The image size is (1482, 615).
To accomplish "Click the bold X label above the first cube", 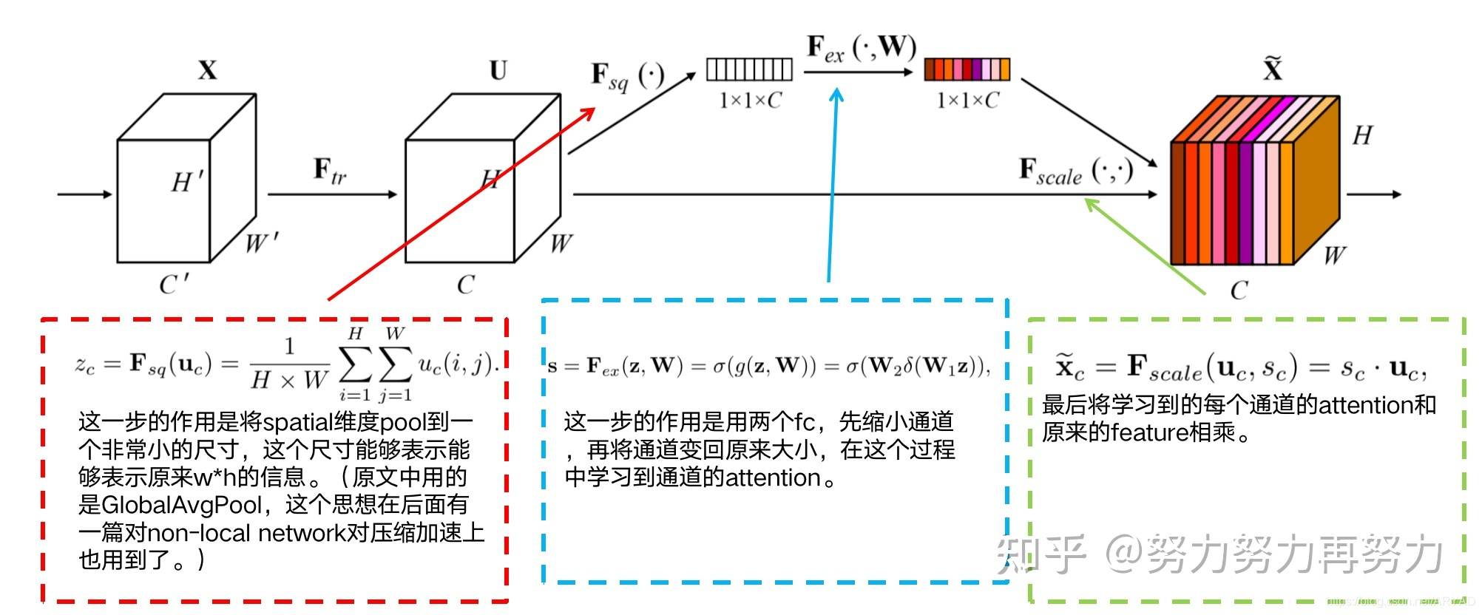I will click(208, 71).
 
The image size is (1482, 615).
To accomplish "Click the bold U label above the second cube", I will click(498, 71).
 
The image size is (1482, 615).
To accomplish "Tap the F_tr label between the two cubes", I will click(330, 171).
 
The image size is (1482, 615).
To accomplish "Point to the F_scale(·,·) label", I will click(1076, 171).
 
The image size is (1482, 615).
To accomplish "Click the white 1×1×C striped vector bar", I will click(749, 69).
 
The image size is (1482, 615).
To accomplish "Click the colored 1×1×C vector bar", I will click(967, 69).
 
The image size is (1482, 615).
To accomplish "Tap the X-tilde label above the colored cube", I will click(1272, 69).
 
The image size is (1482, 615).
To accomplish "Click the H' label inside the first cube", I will click(186, 182).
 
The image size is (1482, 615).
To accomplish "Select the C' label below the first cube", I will click(175, 285).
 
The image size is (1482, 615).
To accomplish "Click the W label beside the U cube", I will click(561, 243).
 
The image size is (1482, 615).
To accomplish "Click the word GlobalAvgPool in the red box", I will click(181, 505).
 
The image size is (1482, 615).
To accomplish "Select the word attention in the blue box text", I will click(773, 478).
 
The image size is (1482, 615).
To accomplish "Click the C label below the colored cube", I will click(1239, 290).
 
